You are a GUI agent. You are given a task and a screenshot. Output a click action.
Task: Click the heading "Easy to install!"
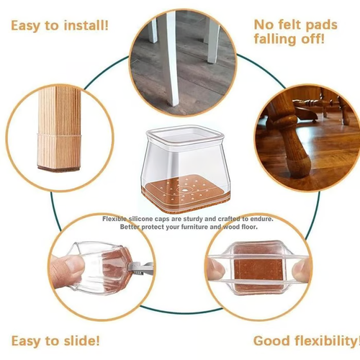(x=59, y=27)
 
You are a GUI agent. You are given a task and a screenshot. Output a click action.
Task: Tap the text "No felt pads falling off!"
(x=295, y=32)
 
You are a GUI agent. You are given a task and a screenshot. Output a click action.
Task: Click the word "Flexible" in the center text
(x=116, y=218)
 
